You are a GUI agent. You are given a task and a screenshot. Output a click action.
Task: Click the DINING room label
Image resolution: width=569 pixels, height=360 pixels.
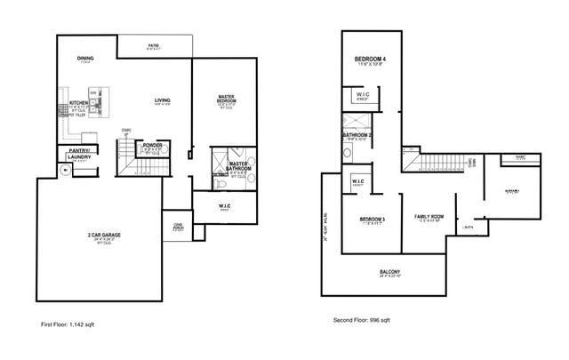coord(85,58)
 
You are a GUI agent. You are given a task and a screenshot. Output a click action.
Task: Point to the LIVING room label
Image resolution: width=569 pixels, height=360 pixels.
coord(163,100)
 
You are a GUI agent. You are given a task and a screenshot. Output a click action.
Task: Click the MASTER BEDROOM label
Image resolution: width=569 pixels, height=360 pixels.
coord(226,99)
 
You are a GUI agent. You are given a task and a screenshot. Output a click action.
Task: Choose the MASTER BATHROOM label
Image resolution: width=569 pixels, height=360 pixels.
coord(239,166)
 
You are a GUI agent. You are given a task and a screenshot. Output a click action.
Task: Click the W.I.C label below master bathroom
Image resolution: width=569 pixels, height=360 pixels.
coord(225,207)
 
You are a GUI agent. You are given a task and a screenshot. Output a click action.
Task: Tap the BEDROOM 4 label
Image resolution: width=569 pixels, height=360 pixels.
coord(371,59)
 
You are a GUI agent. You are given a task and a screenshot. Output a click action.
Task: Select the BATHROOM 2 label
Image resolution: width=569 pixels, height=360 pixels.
coord(357,135)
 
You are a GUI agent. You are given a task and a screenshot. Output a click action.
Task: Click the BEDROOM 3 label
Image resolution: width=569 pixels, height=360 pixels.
coord(372,219)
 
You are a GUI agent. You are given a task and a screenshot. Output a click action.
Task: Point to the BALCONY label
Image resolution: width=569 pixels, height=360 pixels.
coord(390,272)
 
